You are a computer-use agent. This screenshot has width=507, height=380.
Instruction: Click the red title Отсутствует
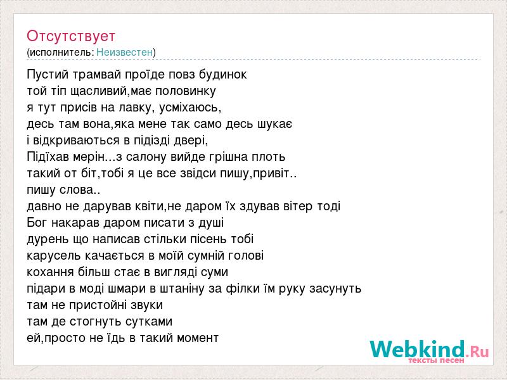coord(71,36)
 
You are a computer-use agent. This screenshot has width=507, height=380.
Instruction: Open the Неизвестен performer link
coord(124,52)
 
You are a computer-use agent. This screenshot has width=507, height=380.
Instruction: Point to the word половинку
coord(186,91)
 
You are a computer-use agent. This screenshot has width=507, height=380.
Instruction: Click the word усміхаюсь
coord(190,108)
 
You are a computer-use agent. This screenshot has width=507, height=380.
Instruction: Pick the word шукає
coord(275,124)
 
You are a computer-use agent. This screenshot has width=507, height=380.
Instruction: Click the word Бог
coord(37,223)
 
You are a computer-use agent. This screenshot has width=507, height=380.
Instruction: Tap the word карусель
coord(54,256)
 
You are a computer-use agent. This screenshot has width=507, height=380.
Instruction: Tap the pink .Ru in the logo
coord(477,351)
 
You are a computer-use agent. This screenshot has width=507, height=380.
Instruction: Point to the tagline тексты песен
coord(436,360)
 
